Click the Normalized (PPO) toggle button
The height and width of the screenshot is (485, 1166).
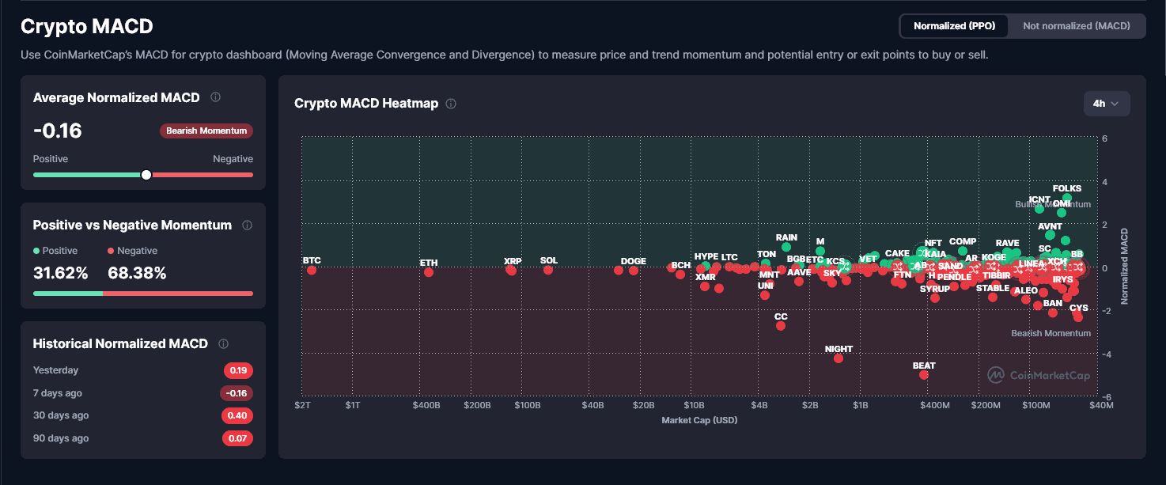pos(954,26)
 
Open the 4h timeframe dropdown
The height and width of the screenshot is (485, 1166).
pos(1106,104)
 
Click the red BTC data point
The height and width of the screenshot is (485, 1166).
pos(312,271)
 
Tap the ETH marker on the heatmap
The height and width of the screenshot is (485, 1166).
pos(429,272)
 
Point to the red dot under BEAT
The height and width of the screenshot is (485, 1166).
pos(924,375)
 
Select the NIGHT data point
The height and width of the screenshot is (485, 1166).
pos(839,358)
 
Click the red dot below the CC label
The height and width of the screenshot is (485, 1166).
pos(781,326)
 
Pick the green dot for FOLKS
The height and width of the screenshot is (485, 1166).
pos(1066,198)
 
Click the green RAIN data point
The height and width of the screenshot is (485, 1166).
pos(786,247)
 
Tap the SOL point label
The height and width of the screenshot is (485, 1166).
pos(549,261)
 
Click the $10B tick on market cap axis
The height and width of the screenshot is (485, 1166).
pos(693,406)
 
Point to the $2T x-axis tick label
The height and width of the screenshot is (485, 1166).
pos(303,406)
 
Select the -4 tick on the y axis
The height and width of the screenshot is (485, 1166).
pos(1104,354)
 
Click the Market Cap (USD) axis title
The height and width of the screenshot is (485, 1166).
pos(699,420)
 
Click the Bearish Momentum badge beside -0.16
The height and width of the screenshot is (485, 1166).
pos(206,131)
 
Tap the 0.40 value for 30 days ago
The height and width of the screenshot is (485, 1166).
pos(237,416)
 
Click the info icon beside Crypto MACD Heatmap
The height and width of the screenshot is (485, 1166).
pos(451,104)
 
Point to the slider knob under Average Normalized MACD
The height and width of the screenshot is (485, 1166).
pos(146,175)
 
